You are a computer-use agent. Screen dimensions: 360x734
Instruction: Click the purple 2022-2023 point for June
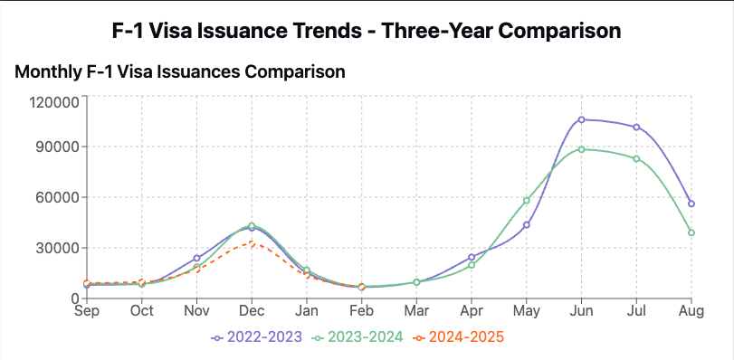(582, 119)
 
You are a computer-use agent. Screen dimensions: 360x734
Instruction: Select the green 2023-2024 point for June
(582, 149)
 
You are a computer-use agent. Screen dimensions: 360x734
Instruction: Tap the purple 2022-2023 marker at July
(637, 127)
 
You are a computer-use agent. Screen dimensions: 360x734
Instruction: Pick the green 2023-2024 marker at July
(637, 158)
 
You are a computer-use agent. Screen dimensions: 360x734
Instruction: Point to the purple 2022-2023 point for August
(691, 204)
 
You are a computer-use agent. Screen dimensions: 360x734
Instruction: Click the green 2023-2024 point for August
(691, 232)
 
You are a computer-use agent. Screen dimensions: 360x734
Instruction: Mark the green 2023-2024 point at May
(527, 200)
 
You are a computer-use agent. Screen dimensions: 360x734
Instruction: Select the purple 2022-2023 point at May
(527, 225)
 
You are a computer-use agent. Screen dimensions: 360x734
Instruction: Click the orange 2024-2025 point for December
(252, 242)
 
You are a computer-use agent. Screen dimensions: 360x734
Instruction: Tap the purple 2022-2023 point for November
(196, 258)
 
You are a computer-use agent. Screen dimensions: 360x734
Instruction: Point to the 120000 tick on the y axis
(54, 102)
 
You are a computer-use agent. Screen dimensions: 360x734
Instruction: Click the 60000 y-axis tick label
(58, 197)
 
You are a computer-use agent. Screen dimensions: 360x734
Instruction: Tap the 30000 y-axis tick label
(58, 248)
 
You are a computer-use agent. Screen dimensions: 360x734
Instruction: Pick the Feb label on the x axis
(362, 310)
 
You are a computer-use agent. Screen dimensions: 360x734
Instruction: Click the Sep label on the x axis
(87, 310)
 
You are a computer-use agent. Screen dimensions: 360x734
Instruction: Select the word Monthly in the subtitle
(50, 70)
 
